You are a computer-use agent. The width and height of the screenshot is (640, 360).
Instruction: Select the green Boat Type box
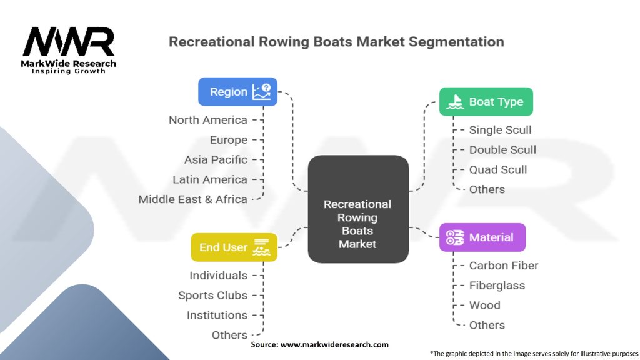click(486, 102)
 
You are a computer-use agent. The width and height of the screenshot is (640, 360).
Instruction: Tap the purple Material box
click(482, 237)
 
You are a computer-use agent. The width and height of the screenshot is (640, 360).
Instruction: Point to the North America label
click(208, 120)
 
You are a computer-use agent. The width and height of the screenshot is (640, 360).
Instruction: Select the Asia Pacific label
click(216, 159)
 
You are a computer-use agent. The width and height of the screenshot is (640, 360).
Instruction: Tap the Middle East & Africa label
click(193, 199)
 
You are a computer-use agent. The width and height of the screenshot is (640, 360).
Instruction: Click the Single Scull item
click(501, 130)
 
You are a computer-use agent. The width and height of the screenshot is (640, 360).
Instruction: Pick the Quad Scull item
click(498, 169)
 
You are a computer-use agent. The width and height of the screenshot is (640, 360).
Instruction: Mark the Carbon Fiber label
click(504, 266)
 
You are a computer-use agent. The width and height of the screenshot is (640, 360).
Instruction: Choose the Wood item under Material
click(485, 305)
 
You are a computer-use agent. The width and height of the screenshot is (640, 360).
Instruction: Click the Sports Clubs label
click(213, 295)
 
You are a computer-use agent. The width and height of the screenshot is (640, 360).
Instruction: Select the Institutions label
click(217, 315)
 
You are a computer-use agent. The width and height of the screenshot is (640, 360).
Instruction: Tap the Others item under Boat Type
click(487, 189)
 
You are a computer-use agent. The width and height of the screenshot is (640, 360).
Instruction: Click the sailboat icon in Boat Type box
click(456, 102)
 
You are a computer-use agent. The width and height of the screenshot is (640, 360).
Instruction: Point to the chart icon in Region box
click(261, 92)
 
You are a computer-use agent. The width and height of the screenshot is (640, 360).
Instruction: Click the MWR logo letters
click(69, 42)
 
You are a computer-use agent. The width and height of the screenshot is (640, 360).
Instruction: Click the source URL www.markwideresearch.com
click(334, 344)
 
